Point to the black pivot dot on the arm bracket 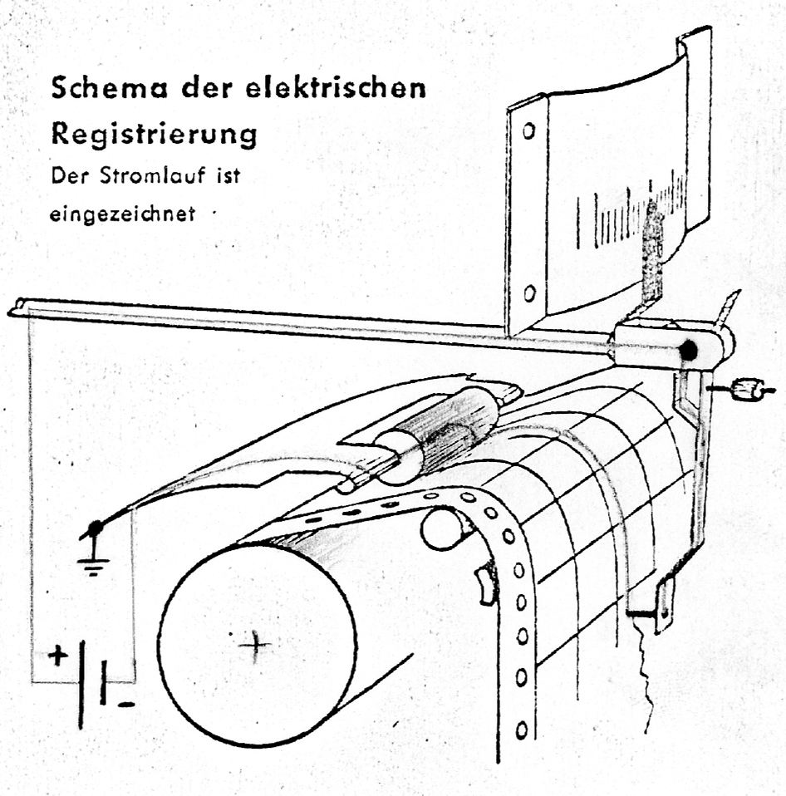(x=688, y=351)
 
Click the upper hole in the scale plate (x=528, y=130)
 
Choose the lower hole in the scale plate (x=528, y=293)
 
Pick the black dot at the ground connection (x=96, y=527)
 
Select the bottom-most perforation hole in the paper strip (x=521, y=730)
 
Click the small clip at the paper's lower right (x=664, y=607)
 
